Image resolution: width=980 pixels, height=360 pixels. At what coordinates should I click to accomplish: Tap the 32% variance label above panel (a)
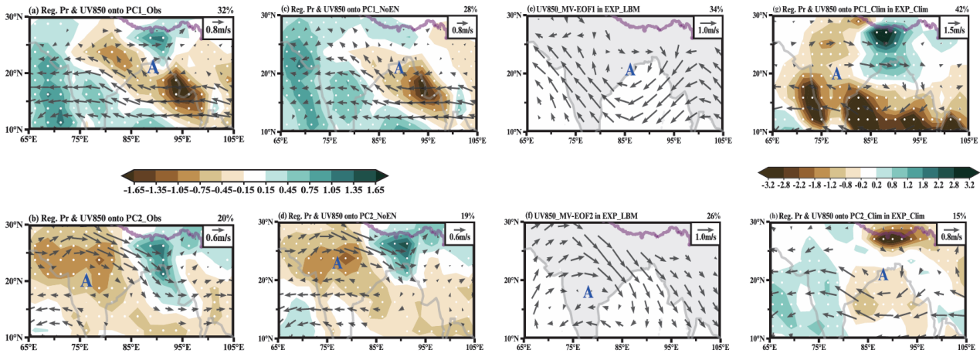(225, 9)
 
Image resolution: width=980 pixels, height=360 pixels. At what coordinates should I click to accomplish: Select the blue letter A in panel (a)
(153, 67)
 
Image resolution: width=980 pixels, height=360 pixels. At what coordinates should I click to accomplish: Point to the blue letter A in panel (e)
(629, 70)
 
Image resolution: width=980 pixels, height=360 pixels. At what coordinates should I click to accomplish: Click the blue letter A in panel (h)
(882, 275)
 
